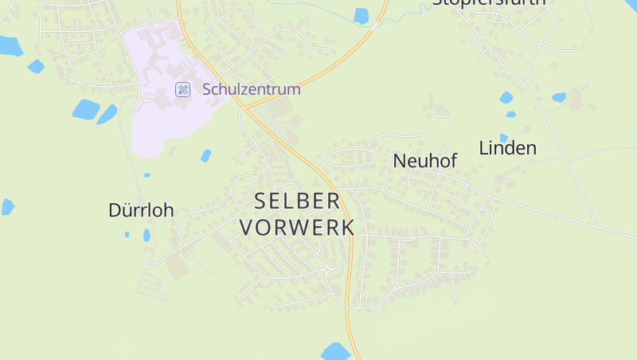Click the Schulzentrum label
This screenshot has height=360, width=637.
click(x=252, y=89)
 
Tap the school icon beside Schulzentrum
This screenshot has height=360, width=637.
click(x=182, y=89)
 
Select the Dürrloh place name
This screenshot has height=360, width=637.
click(x=141, y=210)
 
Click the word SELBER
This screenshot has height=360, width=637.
click(x=297, y=201)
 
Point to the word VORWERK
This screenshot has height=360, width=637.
click(x=297, y=227)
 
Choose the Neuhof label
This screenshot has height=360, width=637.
click(x=425, y=161)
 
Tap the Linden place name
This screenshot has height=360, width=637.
click(x=507, y=147)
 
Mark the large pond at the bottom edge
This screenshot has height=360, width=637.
click(x=335, y=351)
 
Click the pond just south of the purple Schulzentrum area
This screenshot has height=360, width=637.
click(x=206, y=155)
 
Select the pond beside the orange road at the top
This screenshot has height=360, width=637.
click(x=361, y=15)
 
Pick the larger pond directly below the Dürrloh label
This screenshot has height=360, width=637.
click(x=147, y=235)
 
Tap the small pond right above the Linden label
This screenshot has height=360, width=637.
click(x=503, y=138)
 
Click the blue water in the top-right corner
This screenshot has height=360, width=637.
click(x=631, y=5)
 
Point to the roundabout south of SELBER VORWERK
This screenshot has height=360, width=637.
click(x=327, y=271)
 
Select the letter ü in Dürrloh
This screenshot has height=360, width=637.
click(x=123, y=210)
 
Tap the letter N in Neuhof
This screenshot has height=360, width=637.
click(x=400, y=161)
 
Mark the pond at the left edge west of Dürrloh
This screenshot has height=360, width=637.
click(x=7, y=206)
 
